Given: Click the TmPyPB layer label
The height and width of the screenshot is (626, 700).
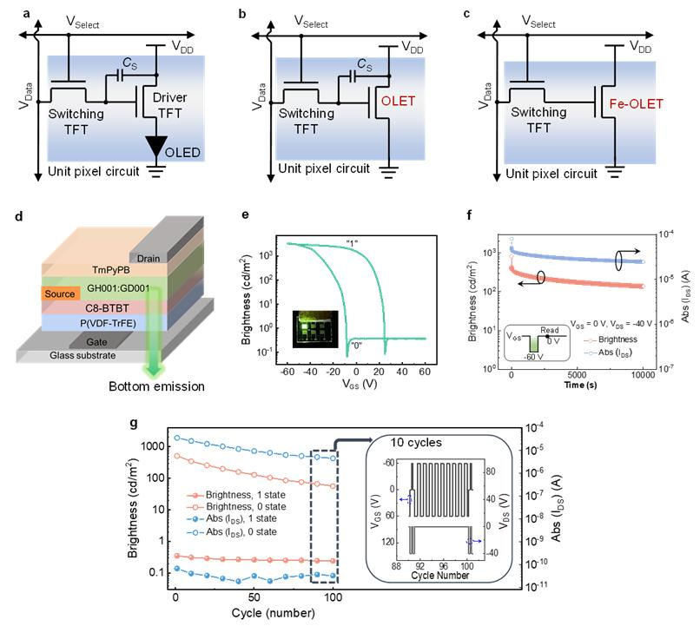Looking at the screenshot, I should [85, 270].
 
